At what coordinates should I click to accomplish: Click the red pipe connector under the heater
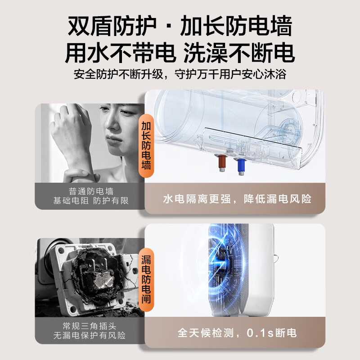222,163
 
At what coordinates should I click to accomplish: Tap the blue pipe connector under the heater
241,166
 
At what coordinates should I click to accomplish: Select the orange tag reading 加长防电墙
146,146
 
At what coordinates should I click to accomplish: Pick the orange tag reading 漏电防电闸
146,279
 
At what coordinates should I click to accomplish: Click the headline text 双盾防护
112,26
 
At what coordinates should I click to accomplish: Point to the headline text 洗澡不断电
239,53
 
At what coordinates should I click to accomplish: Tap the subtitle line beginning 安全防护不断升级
180,74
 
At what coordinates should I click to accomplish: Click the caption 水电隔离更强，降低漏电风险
237,199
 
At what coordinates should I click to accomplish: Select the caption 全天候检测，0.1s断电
237,333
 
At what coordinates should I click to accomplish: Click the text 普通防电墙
91,191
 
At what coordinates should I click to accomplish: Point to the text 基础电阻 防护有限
91,201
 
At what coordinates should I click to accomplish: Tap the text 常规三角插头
90,326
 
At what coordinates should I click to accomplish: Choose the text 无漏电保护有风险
90,335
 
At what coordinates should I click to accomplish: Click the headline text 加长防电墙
236,26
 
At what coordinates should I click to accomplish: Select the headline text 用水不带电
121,53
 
